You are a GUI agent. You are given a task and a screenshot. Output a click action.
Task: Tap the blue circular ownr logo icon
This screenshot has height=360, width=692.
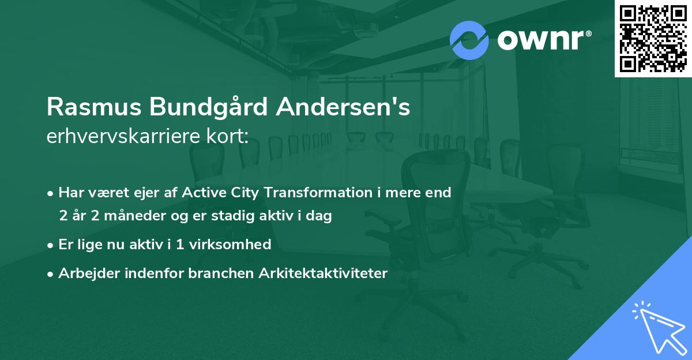tap(469, 40)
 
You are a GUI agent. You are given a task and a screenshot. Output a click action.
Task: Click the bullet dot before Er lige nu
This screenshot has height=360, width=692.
tap(51, 245)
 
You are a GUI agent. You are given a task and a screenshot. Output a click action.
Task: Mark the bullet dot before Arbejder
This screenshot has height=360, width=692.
tap(51, 273)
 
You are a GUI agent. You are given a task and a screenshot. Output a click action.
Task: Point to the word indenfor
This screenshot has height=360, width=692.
tap(156, 273)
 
